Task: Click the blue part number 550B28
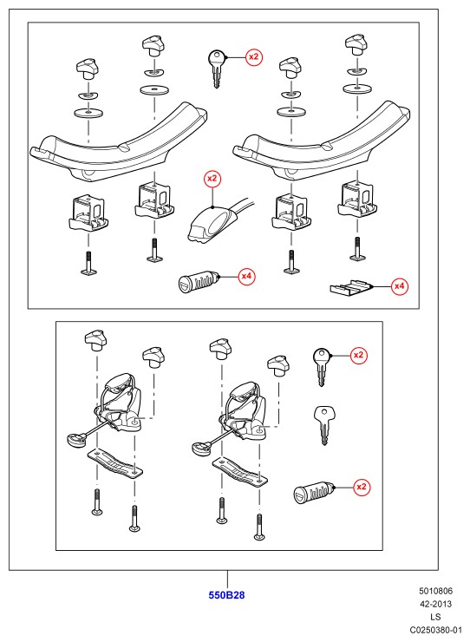point(226,595)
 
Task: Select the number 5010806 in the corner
point(435,591)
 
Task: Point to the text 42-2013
point(435,604)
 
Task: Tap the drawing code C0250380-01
point(435,630)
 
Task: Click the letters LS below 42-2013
point(435,617)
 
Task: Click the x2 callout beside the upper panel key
point(254,57)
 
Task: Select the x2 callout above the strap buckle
point(212,179)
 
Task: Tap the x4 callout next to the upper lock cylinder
point(246,277)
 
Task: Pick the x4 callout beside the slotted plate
point(399,286)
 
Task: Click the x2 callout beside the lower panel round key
point(359,355)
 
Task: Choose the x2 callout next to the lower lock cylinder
point(361,487)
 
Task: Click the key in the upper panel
point(216,68)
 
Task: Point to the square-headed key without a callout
point(323,424)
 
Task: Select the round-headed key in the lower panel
point(322,366)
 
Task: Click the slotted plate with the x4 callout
point(351,287)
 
